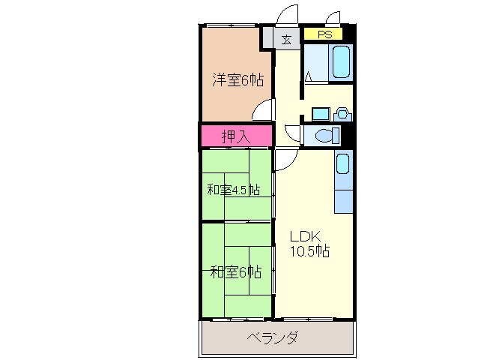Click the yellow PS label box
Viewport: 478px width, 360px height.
(x=324, y=34)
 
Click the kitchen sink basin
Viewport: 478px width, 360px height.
(x=342, y=164)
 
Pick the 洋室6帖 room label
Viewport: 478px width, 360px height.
(x=237, y=79)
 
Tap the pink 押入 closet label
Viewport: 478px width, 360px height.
(x=235, y=136)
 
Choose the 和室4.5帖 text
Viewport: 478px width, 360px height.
(x=234, y=189)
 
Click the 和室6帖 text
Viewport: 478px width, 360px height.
(x=236, y=271)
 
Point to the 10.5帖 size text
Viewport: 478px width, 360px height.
(x=310, y=251)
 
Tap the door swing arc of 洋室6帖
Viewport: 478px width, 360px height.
(x=262, y=110)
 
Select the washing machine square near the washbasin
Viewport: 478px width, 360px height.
(x=320, y=114)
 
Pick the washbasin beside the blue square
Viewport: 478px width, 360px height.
(x=342, y=114)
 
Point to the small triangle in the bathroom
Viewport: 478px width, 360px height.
(x=308, y=76)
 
